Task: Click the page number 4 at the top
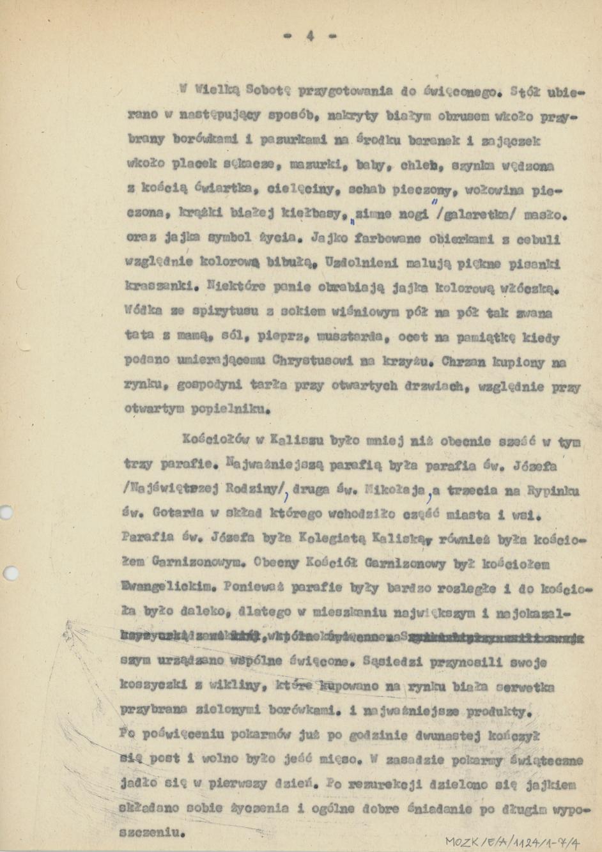pyautogui.click(x=309, y=36)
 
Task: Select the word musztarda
pyautogui.click(x=348, y=338)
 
